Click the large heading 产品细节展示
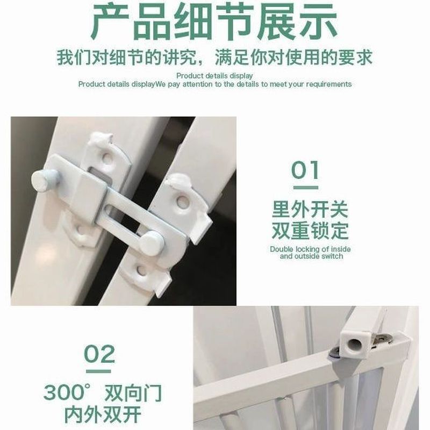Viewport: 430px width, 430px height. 214,21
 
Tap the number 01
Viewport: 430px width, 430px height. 305,170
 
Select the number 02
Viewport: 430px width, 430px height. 99,354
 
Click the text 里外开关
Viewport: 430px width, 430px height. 310,209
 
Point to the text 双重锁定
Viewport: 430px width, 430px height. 310,231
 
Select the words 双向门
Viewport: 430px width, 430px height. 133,393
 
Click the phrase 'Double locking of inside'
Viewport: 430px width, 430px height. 310,249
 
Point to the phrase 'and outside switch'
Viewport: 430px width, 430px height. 311,256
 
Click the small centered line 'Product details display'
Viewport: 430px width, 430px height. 214,76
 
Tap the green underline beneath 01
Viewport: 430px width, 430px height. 306,188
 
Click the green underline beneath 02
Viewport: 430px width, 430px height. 98,371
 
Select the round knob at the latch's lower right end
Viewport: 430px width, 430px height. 150,243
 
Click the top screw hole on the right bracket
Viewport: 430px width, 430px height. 182,202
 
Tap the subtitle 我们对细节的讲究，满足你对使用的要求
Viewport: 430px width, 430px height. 214,58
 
